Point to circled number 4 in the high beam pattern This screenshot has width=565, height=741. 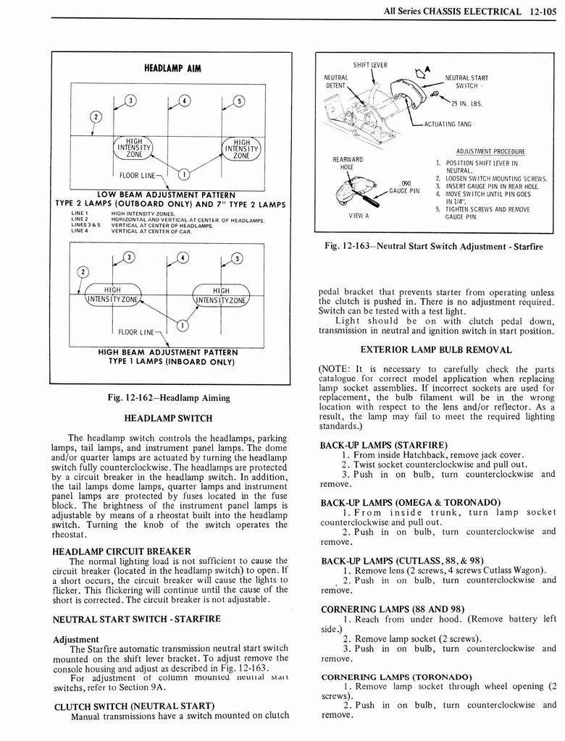coord(184,258)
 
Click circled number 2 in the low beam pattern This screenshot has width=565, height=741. coord(95,117)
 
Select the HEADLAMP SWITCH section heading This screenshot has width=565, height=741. coord(168,418)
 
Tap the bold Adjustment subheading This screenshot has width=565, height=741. coord(76,640)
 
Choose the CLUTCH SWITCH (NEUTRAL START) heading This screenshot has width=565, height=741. coord(133,706)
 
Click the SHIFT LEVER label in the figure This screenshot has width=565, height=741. coord(370,65)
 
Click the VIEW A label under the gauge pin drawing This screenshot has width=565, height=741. coord(358,216)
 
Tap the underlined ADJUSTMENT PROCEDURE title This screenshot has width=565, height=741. coord(490,152)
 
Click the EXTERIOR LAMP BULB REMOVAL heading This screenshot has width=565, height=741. coord(436,350)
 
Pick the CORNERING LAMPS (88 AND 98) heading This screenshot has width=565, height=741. coord(382,609)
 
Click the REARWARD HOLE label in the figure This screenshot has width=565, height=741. coord(348,164)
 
